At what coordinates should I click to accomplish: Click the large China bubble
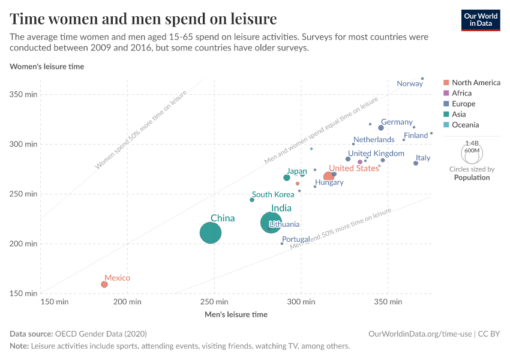tap(210, 233)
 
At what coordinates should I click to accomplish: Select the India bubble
tap(271, 223)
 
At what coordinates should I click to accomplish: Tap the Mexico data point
tap(104, 284)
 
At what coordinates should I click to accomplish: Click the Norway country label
tap(410, 84)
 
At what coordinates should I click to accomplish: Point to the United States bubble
tap(328, 176)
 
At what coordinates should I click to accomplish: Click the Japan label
tap(296, 171)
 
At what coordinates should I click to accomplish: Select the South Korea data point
tap(252, 200)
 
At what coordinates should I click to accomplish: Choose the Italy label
tap(423, 158)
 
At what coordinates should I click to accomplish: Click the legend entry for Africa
tap(461, 93)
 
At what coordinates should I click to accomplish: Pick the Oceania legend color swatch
tap(446, 125)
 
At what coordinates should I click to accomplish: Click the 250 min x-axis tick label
tap(213, 301)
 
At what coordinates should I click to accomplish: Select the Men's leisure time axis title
tap(236, 314)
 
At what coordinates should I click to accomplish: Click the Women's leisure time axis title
tap(47, 67)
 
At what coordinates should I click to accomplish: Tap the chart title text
tap(143, 19)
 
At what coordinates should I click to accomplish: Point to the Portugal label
tap(296, 239)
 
